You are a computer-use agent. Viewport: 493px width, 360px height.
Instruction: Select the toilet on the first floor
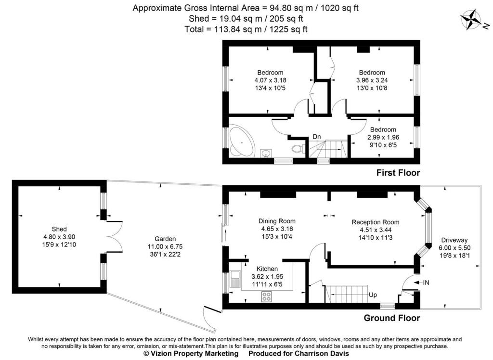(298, 148)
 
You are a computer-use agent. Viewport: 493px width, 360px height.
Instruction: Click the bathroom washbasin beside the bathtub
(265, 154)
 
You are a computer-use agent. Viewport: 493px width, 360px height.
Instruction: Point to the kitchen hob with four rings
(266, 297)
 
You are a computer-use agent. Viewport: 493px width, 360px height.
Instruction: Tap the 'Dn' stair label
(317, 137)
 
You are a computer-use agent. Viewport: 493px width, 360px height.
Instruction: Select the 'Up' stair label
(373, 294)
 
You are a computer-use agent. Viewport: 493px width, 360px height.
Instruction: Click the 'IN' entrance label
(426, 283)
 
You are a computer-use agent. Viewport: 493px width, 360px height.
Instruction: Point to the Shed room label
(59, 229)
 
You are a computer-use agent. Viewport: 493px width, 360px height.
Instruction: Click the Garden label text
(165, 239)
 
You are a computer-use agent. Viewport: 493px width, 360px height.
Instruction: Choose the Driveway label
(454, 240)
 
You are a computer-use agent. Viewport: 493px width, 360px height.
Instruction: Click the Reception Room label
(376, 222)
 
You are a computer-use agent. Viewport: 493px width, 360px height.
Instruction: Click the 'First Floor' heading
(398, 172)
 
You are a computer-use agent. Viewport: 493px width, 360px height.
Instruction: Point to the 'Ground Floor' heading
(391, 318)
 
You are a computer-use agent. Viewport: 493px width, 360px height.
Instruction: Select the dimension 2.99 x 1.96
(383, 137)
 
